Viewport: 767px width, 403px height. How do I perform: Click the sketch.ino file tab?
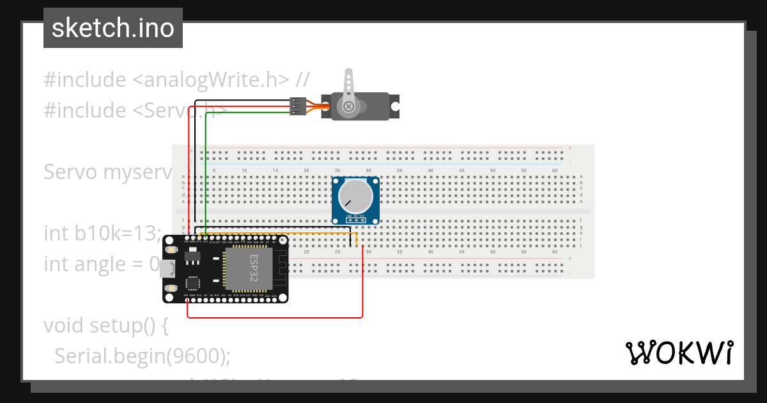point(113,28)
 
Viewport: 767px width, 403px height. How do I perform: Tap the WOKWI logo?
point(679,353)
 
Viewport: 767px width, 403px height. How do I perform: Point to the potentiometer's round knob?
point(355,196)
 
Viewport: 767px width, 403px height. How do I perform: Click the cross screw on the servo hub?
point(348,106)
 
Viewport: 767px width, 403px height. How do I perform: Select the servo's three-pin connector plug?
point(297,106)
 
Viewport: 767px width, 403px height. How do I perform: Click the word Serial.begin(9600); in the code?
point(142,356)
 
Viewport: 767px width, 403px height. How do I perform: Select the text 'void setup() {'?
point(105,326)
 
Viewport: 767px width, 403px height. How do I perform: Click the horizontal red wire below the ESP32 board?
point(275,317)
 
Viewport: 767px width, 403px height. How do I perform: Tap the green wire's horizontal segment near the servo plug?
point(249,113)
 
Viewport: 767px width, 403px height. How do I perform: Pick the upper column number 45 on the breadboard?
point(461,171)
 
